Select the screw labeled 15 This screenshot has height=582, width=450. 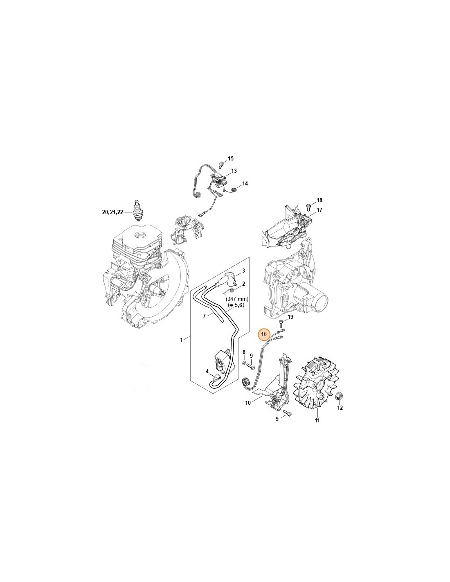(221, 165)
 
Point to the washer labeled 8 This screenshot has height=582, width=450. (244, 363)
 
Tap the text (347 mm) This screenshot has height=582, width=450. (237, 299)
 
